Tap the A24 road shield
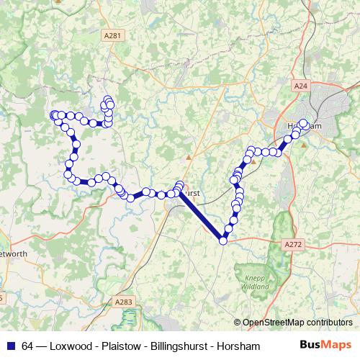tap(301, 86)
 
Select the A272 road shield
tap(293, 245)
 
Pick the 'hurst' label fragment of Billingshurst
tap(192, 194)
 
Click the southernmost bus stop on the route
tap(223, 240)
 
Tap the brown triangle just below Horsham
tap(304, 144)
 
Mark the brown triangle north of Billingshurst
tap(189, 156)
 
